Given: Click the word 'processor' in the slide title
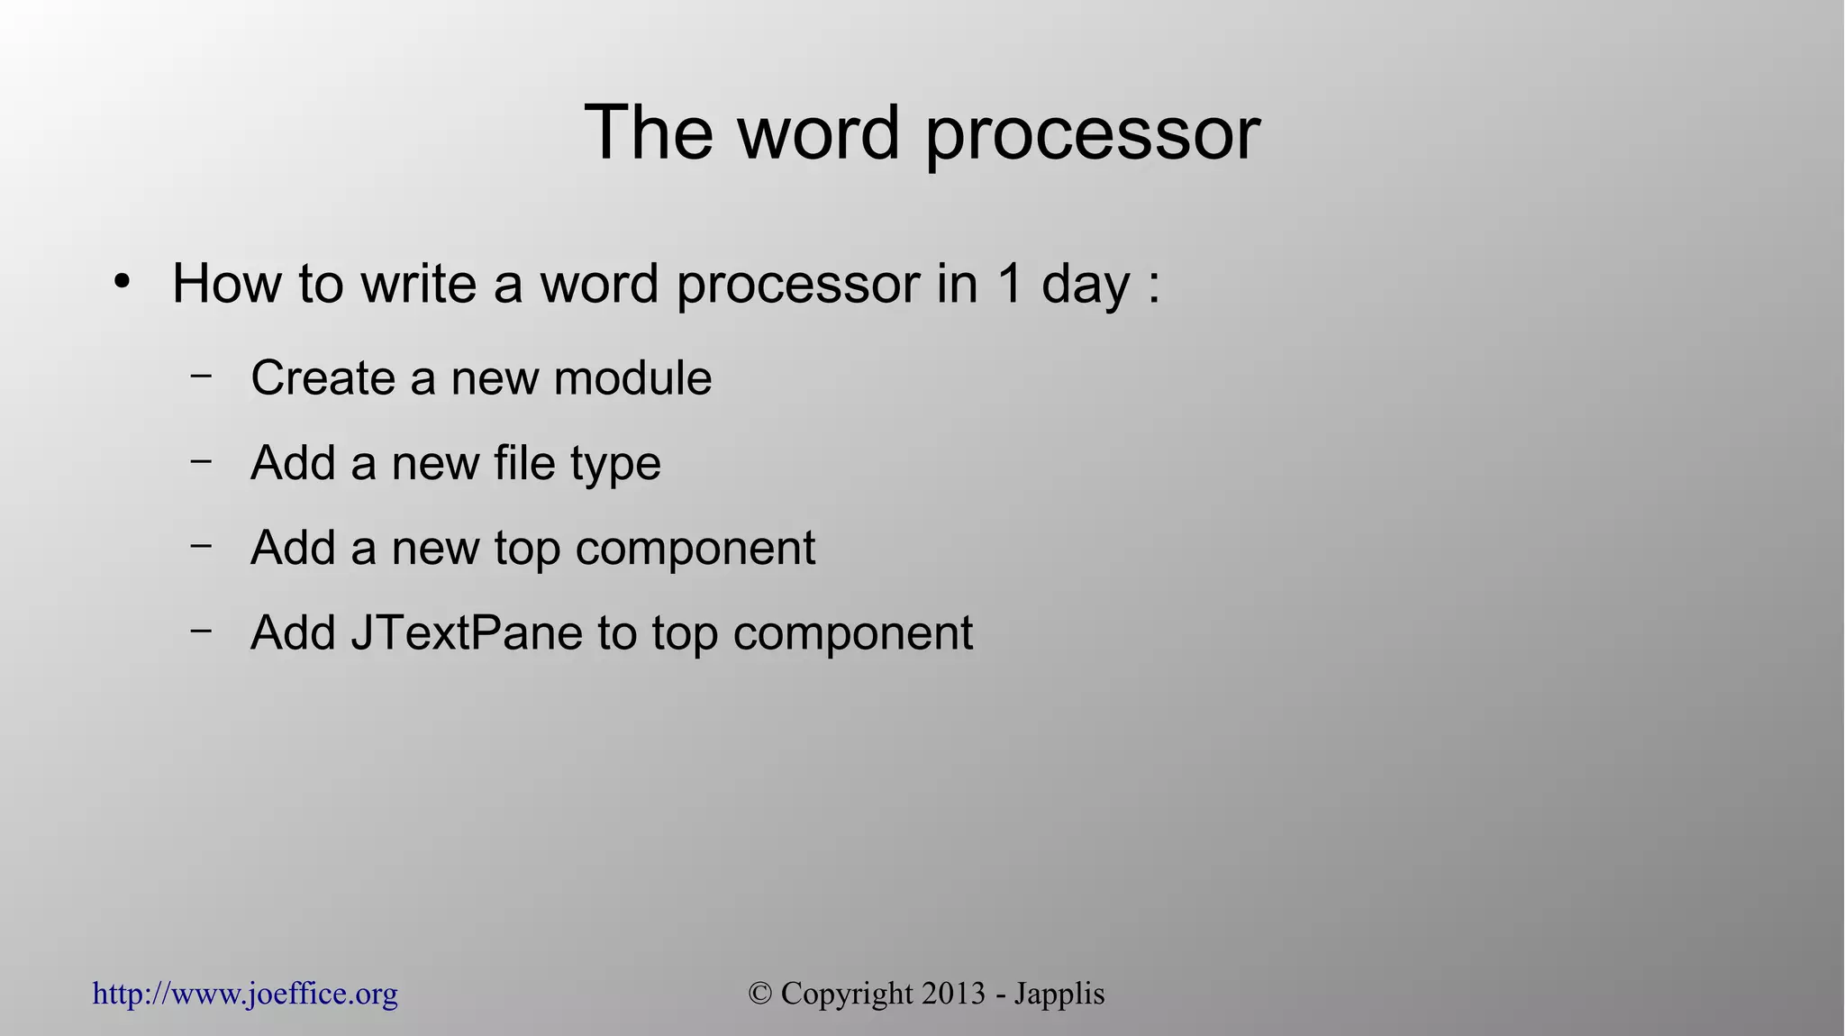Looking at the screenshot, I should (x=1093, y=135).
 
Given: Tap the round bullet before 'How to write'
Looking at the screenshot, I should (x=123, y=281).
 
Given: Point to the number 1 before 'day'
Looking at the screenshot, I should (x=1009, y=284).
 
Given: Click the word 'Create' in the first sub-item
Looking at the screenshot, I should (x=323, y=377).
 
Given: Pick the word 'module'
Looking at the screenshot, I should (x=632, y=377).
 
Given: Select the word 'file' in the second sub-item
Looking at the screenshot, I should (x=524, y=463).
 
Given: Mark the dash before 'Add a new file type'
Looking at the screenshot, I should (x=202, y=459).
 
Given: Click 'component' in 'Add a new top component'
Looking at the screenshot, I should (x=695, y=550).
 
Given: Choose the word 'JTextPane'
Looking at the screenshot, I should (x=467, y=632).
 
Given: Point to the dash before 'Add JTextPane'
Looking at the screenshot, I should (x=202, y=630).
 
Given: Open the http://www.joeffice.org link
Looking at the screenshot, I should (x=245, y=995).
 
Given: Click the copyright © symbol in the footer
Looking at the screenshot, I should (x=761, y=994).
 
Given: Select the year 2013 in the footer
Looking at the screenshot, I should (x=953, y=994).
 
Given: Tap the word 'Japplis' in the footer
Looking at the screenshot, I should (x=1059, y=995).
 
